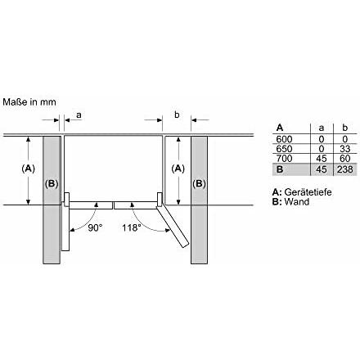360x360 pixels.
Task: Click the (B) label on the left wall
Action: tap(52, 182)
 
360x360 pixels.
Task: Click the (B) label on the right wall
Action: tap(200, 182)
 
